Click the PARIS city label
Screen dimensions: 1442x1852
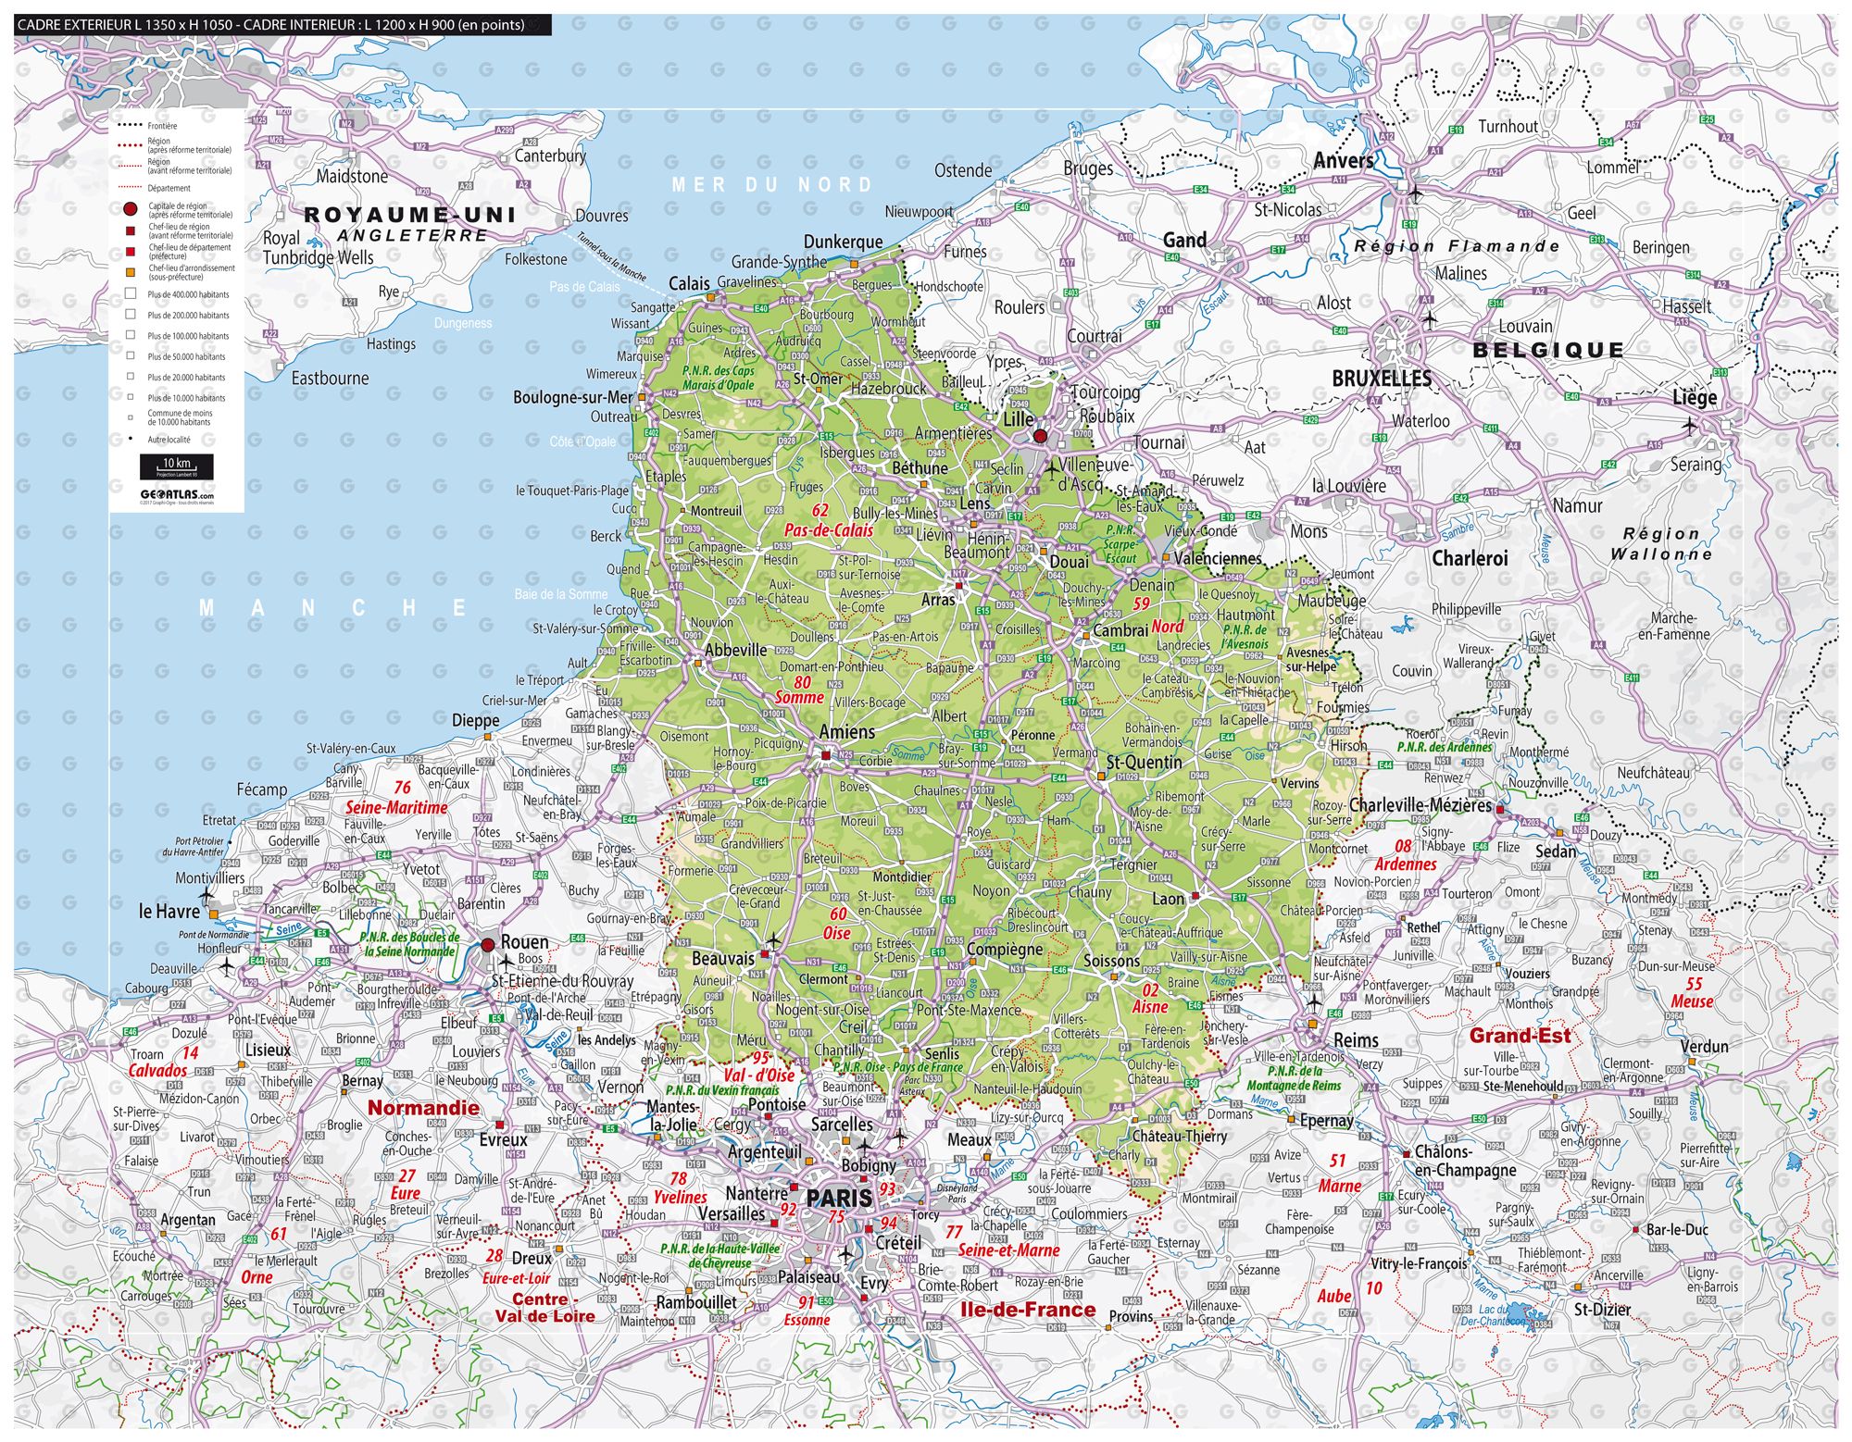[839, 1197]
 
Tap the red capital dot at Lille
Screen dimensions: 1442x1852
[1040, 436]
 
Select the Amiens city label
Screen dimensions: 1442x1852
[846, 732]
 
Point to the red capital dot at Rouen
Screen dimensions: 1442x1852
[488, 945]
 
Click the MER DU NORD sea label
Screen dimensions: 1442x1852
[771, 185]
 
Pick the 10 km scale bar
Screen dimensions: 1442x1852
[176, 466]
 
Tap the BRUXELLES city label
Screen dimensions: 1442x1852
[1382, 379]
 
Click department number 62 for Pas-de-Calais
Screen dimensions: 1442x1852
[820, 510]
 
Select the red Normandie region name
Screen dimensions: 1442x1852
[423, 1108]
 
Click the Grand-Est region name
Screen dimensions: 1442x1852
[1520, 1036]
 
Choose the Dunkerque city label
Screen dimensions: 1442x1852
[843, 242]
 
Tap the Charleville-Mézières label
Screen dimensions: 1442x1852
[1420, 804]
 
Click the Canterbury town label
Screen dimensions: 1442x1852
[550, 155]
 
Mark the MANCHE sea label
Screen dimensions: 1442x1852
[333, 608]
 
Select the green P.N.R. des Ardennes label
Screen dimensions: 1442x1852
[1445, 747]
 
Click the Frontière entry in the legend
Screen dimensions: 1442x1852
[162, 125]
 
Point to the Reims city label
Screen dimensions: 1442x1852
[1356, 1040]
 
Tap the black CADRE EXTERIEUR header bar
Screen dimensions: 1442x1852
[282, 25]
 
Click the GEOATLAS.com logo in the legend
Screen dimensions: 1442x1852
[176, 494]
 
